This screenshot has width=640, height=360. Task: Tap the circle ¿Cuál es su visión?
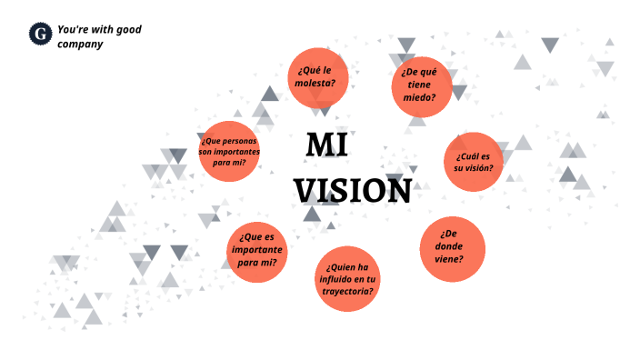[x=474, y=162]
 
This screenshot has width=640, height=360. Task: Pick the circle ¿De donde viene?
[x=452, y=247]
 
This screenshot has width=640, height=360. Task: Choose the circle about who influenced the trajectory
[x=347, y=278]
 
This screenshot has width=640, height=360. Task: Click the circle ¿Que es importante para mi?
[x=257, y=250]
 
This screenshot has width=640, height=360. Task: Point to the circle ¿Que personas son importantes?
[x=229, y=151]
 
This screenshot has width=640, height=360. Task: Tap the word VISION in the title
[x=353, y=191]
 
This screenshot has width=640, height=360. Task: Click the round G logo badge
[x=40, y=35]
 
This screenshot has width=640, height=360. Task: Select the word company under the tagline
[x=79, y=44]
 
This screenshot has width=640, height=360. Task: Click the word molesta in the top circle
[x=315, y=84]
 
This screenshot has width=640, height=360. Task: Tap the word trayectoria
[x=346, y=291]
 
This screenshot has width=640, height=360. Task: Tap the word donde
[x=449, y=245]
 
